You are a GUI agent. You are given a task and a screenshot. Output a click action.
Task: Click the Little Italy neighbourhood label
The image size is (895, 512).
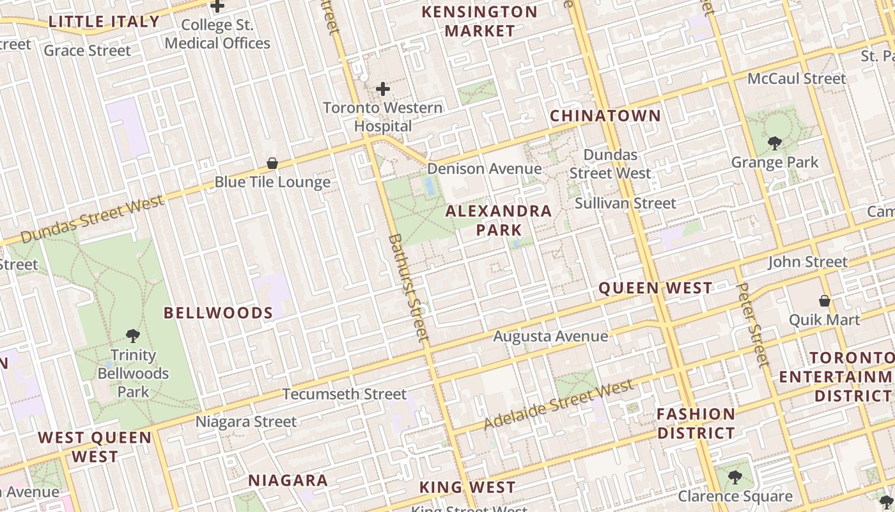pyautogui.click(x=104, y=21)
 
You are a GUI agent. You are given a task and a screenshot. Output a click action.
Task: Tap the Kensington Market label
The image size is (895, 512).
pyautogui.click(x=479, y=21)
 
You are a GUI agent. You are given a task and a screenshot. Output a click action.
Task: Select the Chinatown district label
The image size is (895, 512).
pyautogui.click(x=605, y=116)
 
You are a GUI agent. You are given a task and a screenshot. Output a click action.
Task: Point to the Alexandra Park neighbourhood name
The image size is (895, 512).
pyautogui.click(x=499, y=220)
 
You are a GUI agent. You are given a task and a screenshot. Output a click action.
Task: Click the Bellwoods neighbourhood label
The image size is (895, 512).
pyautogui.click(x=218, y=313)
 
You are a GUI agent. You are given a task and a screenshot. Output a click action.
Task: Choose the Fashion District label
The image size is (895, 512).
pyautogui.click(x=696, y=424)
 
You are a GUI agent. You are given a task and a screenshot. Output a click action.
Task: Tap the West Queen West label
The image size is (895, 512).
pyautogui.click(x=95, y=447)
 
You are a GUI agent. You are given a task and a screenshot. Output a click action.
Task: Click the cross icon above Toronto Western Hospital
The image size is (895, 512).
pyautogui.click(x=383, y=88)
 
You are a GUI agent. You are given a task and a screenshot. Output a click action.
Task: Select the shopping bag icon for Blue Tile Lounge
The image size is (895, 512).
pyautogui.click(x=272, y=163)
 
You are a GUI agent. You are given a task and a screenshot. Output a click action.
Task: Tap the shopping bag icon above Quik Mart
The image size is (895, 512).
pyautogui.click(x=825, y=300)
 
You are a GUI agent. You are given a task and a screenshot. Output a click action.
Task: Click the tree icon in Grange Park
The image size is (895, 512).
pyautogui.click(x=775, y=143)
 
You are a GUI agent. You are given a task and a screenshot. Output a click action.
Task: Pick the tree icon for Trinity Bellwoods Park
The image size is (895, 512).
pyautogui.click(x=133, y=335)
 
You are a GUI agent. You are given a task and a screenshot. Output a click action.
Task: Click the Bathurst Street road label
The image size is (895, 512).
pyautogui.click(x=407, y=288)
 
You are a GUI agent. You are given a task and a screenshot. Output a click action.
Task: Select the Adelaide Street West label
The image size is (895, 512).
pyautogui.click(x=559, y=404)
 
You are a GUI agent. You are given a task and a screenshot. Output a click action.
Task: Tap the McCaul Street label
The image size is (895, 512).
pyautogui.click(x=797, y=79)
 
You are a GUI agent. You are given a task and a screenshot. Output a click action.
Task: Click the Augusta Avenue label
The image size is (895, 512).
pyautogui.click(x=550, y=336)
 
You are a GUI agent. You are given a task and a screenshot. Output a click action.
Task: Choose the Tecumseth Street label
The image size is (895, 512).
pyautogui.click(x=344, y=394)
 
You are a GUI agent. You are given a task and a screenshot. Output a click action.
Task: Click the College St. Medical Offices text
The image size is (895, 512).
pyautogui.click(x=217, y=35)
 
